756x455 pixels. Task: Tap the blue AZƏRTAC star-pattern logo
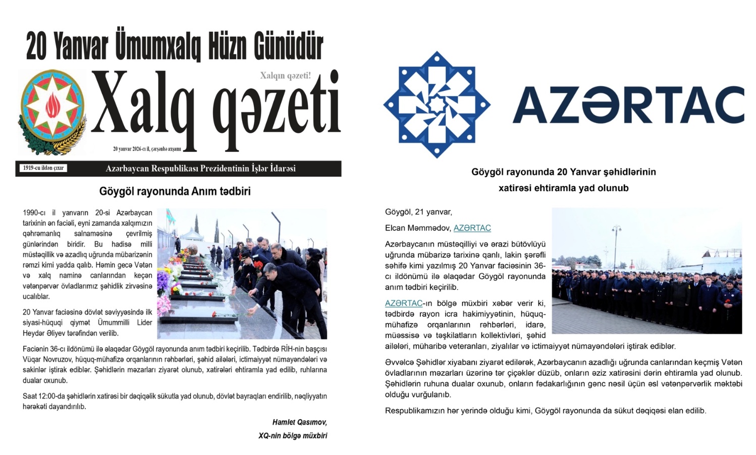point(437,104)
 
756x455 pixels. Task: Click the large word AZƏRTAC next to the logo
point(628,105)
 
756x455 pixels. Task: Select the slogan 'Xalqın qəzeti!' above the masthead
point(285,76)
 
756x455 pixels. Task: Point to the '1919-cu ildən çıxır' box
point(43,168)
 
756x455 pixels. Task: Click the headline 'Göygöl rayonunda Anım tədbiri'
point(175,192)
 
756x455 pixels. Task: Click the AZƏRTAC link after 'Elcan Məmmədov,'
point(472,228)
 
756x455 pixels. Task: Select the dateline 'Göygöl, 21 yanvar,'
point(418,212)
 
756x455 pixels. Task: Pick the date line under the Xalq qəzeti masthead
point(147,149)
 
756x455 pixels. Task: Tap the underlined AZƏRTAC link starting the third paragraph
point(403,303)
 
